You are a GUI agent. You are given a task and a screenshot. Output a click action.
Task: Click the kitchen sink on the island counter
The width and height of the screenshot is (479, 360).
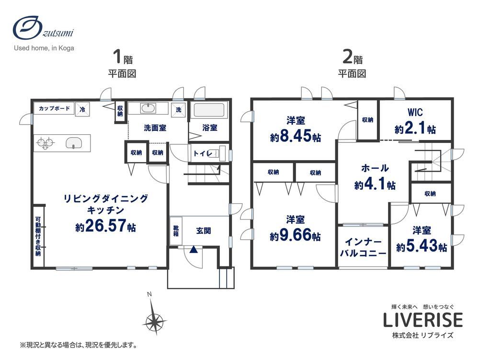tap(74, 143)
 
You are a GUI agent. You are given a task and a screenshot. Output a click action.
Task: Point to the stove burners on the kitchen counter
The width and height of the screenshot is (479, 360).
tap(45, 143)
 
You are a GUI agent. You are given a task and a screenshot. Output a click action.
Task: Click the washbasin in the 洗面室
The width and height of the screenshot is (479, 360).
tap(148, 108)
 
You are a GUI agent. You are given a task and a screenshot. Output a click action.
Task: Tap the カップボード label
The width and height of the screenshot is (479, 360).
tap(55, 108)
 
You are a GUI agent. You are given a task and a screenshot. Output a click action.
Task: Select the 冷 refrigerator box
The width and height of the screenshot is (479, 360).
tap(82, 109)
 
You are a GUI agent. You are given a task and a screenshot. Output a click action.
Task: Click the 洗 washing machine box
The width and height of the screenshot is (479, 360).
tap(179, 109)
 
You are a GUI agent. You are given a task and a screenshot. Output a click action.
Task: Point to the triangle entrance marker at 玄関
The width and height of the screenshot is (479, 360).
tap(193, 249)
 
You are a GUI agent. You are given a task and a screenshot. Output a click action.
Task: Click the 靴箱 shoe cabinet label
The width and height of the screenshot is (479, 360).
tap(176, 231)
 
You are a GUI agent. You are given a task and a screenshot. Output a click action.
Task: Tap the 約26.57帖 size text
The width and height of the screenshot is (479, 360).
tap(106, 226)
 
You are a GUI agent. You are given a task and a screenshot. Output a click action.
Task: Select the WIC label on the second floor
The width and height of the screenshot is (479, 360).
tap(415, 112)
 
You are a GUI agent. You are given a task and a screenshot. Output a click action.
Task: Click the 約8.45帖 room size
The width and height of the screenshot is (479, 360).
tap(296, 136)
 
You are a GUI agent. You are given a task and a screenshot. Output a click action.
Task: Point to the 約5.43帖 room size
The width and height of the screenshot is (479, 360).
tap(422, 246)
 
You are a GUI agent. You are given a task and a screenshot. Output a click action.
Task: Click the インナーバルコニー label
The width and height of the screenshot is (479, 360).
tap(363, 247)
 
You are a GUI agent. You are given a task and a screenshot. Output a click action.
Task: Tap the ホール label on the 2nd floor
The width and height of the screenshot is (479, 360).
tap(375, 168)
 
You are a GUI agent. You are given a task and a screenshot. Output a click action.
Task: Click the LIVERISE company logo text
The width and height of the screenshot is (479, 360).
tap(423, 320)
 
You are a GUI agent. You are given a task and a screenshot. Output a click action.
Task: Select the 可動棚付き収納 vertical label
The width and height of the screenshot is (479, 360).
tap(38, 236)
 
